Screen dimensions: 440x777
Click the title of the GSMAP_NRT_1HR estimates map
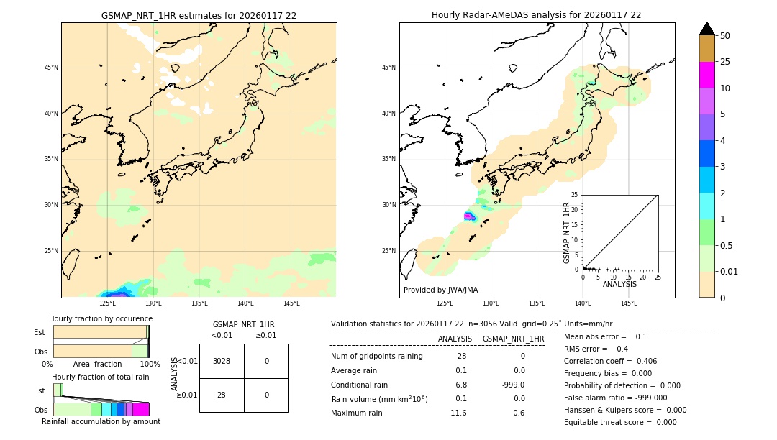coord(199,15)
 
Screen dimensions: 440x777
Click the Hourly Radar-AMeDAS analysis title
coord(537,15)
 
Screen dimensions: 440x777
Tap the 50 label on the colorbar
coord(725,36)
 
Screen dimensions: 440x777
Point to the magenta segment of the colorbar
coord(706,75)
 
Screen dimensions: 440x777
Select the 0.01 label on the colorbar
coord(730,271)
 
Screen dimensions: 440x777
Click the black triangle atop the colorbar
coord(706,29)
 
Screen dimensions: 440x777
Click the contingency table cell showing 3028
coord(222,361)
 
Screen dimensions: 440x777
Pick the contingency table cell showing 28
coord(222,395)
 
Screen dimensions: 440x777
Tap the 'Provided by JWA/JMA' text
coord(440,290)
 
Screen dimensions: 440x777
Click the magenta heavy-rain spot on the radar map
coord(469,216)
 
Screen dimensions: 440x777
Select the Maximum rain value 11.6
coord(458,413)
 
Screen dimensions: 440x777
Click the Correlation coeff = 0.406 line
coord(610,361)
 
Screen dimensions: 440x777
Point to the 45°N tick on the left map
coord(51,68)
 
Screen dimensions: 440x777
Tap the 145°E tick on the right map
coord(629,304)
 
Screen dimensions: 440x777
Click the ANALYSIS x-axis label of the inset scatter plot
coord(619,284)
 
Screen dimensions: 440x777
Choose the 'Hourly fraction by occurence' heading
coord(101,318)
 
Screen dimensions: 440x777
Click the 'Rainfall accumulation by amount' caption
coord(101,422)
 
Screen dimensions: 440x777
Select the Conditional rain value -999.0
coord(513,385)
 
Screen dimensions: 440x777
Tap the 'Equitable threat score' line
coord(620,422)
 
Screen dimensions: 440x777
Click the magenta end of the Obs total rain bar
coord(141,409)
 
